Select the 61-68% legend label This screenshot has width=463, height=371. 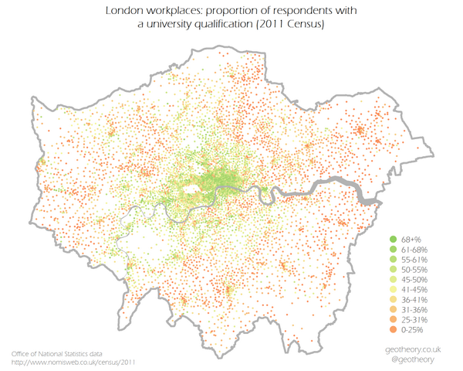415,250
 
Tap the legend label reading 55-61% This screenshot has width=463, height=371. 415,260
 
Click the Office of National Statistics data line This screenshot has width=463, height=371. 63,352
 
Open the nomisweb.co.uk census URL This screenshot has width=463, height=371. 73,362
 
